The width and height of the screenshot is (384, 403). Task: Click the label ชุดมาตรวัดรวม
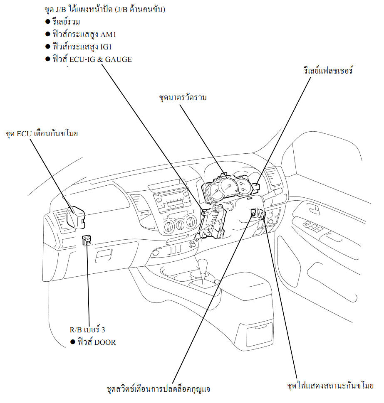[183, 98]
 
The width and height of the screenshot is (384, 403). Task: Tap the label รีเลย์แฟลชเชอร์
[328, 70]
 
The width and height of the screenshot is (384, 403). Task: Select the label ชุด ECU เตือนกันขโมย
[42, 134]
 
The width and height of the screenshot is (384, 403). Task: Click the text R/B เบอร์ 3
[87, 329]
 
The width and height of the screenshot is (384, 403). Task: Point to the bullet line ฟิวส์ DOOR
[93, 342]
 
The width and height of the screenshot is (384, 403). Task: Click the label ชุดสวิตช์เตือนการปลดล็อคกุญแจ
[158, 389]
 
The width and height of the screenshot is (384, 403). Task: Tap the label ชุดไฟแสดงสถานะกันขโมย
[330, 386]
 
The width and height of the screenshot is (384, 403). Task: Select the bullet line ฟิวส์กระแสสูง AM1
[81, 34]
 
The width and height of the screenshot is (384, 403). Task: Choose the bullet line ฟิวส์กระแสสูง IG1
[79, 47]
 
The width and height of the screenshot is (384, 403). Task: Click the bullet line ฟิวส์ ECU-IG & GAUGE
[89, 59]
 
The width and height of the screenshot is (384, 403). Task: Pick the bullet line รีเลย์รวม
[62, 22]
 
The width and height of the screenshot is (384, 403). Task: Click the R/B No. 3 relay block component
[87, 240]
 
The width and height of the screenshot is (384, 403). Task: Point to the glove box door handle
[104, 256]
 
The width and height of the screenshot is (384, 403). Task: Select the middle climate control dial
[180, 225]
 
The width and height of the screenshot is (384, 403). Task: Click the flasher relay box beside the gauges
[256, 188]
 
